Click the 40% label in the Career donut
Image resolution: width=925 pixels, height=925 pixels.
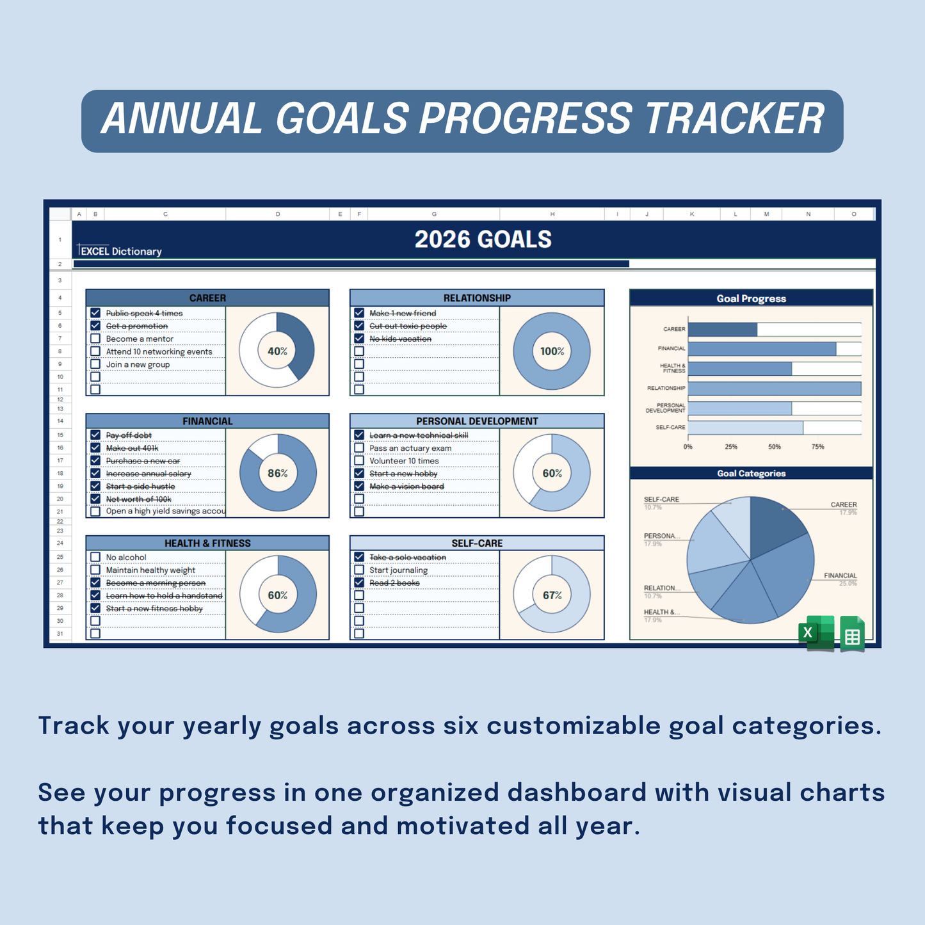(277, 351)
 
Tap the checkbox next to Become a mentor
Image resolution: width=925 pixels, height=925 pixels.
(95, 339)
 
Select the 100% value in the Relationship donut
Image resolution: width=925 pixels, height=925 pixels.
(552, 351)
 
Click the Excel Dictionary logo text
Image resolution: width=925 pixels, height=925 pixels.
(120, 251)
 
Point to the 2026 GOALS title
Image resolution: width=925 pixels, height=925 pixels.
(483, 239)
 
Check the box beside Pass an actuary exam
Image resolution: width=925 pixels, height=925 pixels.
(359, 448)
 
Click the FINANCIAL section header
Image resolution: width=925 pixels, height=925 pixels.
(207, 421)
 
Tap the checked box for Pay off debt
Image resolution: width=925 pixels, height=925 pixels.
(95, 435)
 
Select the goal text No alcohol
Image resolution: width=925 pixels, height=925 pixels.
(126, 558)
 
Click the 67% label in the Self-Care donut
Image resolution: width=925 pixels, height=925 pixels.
(552, 595)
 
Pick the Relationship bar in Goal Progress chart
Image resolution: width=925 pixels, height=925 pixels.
(774, 389)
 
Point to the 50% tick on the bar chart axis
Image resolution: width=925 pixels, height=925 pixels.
(775, 447)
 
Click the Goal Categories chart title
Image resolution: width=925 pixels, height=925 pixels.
(751, 474)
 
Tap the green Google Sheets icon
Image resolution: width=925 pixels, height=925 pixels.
(852, 634)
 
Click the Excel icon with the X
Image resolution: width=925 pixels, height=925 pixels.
(816, 633)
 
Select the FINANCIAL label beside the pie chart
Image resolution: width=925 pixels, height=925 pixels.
(840, 575)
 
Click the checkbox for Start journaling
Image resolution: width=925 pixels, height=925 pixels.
(359, 570)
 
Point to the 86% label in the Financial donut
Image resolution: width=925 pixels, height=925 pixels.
(277, 474)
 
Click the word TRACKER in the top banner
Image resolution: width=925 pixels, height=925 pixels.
(734, 120)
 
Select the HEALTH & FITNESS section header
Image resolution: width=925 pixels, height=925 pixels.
(207, 543)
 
